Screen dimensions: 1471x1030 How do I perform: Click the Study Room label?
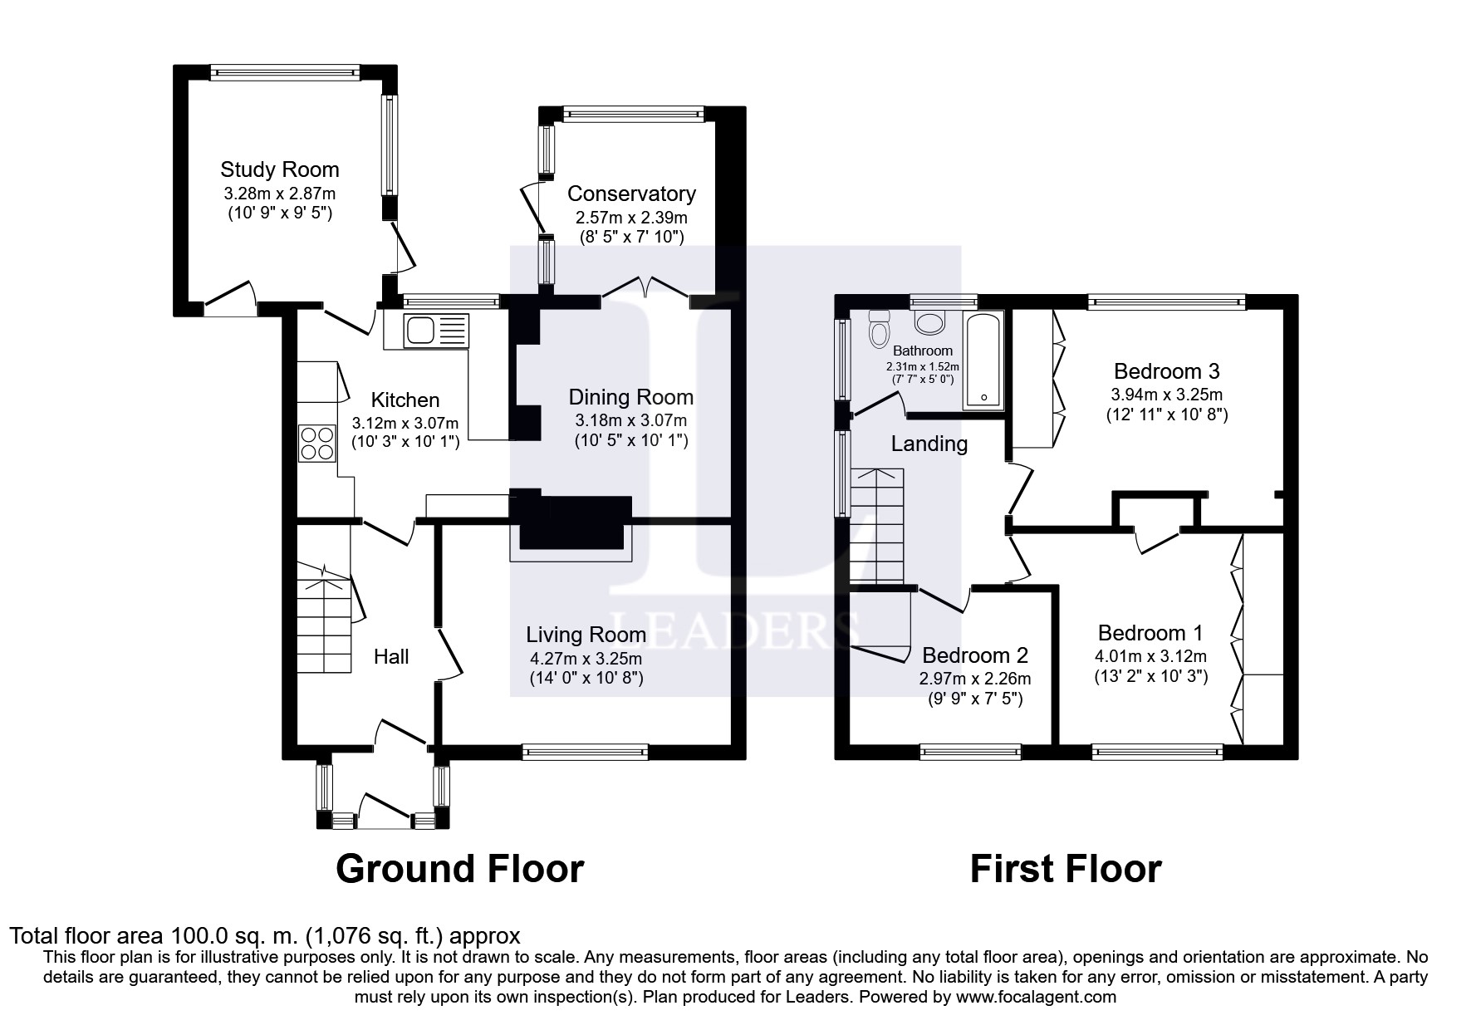(280, 169)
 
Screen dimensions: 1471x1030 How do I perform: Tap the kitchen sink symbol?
(436, 331)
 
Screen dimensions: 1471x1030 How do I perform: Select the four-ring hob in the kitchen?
(316, 442)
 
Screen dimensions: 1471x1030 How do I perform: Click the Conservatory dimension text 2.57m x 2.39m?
(631, 218)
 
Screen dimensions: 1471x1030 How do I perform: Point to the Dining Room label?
(631, 397)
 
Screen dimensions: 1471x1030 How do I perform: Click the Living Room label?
(586, 635)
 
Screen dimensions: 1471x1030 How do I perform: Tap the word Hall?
(391, 657)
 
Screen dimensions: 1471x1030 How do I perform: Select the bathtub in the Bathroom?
(983, 360)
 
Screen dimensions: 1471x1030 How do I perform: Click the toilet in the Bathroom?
(879, 328)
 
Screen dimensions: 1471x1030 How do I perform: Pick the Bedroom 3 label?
(1167, 370)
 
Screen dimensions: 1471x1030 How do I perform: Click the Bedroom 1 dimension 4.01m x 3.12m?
(1151, 656)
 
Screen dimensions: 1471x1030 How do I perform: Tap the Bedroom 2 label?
(975, 655)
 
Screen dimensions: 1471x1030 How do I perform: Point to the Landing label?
(929, 444)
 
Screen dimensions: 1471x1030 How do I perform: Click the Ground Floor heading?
(460, 869)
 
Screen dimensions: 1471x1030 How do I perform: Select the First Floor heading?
(1066, 870)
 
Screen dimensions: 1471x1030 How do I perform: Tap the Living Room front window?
(586, 752)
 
